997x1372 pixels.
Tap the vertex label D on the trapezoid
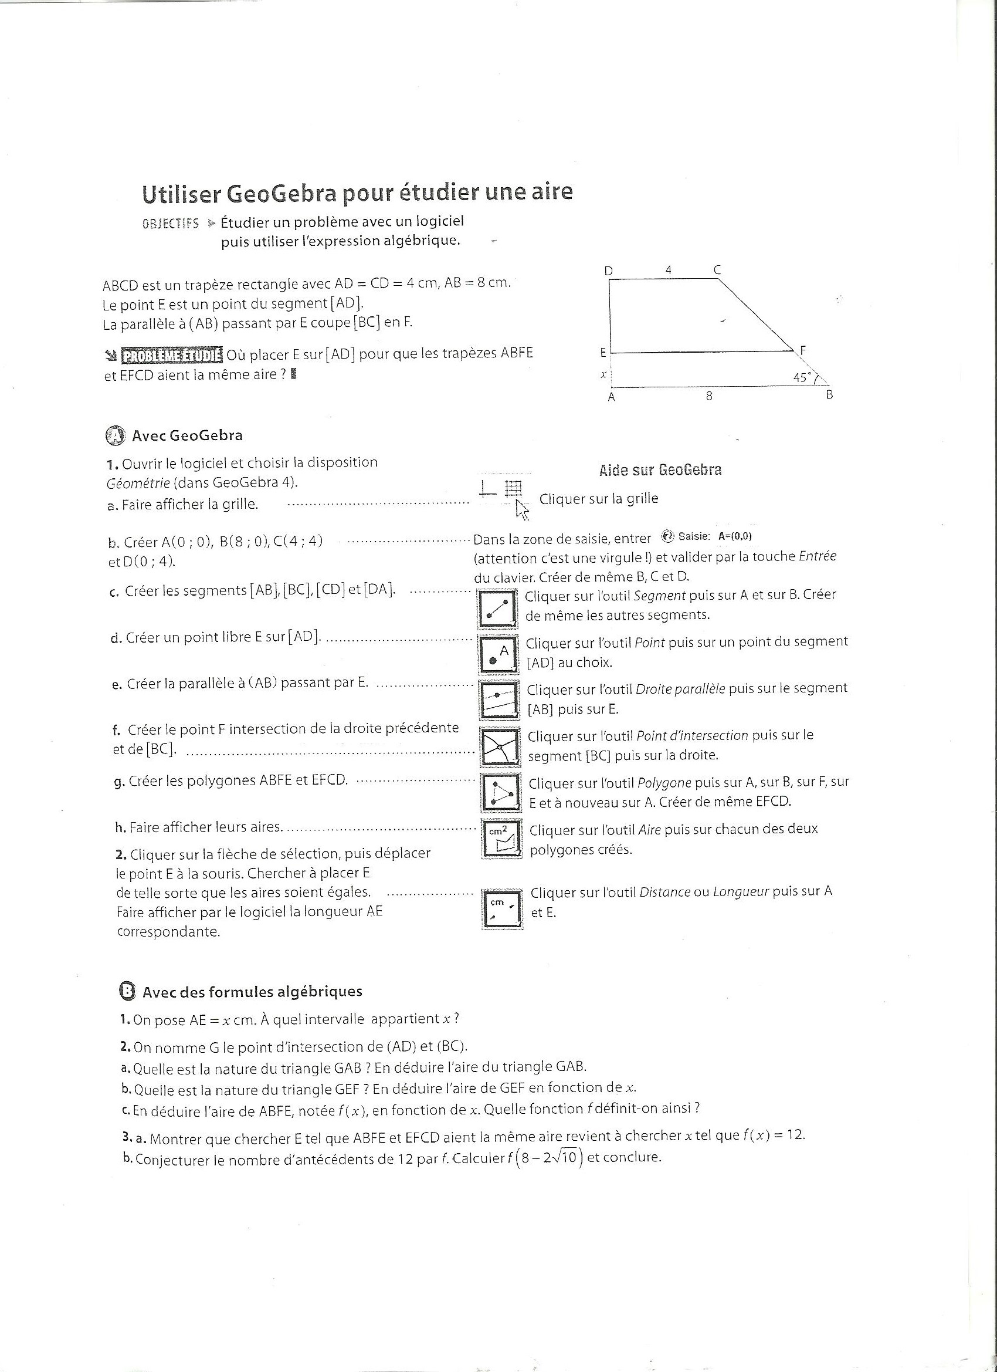(x=609, y=271)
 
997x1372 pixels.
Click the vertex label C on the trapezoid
(x=717, y=270)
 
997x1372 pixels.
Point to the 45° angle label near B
(x=803, y=377)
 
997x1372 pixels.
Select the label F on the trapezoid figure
(x=803, y=350)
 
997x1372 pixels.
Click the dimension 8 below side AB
(x=709, y=396)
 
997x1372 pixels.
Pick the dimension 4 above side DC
(x=668, y=270)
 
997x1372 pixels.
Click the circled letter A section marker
(x=114, y=435)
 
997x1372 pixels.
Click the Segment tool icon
(x=497, y=608)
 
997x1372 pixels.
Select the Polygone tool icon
(x=501, y=792)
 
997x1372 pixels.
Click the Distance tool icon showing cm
(x=502, y=908)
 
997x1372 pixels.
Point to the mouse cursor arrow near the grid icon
(x=522, y=510)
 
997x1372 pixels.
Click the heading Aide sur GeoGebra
(x=660, y=470)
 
